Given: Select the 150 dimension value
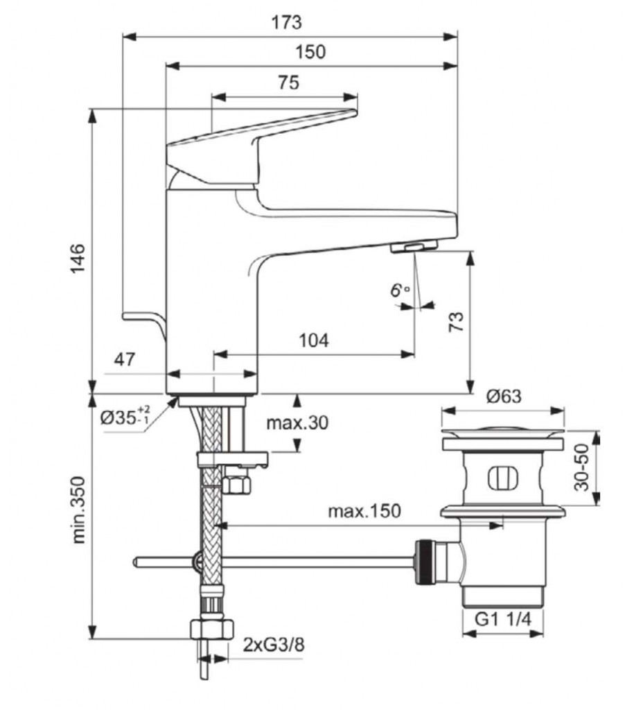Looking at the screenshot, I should point(310,52).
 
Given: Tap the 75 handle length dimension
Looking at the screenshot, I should point(288,83).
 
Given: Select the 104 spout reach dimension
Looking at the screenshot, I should point(313,340).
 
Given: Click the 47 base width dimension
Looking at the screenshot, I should point(125,359).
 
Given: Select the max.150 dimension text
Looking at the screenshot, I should point(364,511).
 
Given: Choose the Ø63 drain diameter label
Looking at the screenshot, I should point(504,397).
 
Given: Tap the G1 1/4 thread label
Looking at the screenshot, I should point(502,621).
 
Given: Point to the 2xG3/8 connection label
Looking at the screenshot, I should point(274,644).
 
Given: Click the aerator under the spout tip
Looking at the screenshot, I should point(413,248).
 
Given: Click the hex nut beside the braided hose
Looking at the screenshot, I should point(236,483).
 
